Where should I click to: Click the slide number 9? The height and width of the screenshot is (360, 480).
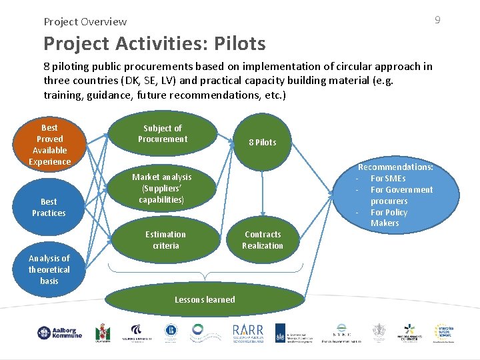point(437,20)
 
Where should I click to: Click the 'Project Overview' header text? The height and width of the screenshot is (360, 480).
point(85,21)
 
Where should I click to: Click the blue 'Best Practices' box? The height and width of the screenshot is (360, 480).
point(49,207)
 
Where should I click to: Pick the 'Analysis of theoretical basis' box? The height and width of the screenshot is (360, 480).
point(49,269)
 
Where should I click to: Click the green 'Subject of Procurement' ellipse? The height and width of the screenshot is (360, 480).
point(163,134)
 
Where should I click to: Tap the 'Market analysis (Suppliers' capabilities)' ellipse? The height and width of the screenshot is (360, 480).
point(161,188)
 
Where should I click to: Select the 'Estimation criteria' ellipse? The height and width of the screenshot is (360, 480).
point(165,240)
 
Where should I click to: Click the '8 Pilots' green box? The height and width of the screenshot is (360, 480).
point(262,141)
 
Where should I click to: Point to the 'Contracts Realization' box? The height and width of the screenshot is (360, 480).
point(262,240)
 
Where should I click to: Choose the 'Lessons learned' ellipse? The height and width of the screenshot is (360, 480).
point(205,300)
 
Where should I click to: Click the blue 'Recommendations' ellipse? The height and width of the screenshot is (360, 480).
point(395,195)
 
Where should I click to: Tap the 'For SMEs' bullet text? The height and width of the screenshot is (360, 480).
point(388,179)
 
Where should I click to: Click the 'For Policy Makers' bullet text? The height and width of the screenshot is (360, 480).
point(388,217)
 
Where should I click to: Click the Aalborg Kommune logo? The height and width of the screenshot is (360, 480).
point(59,333)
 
